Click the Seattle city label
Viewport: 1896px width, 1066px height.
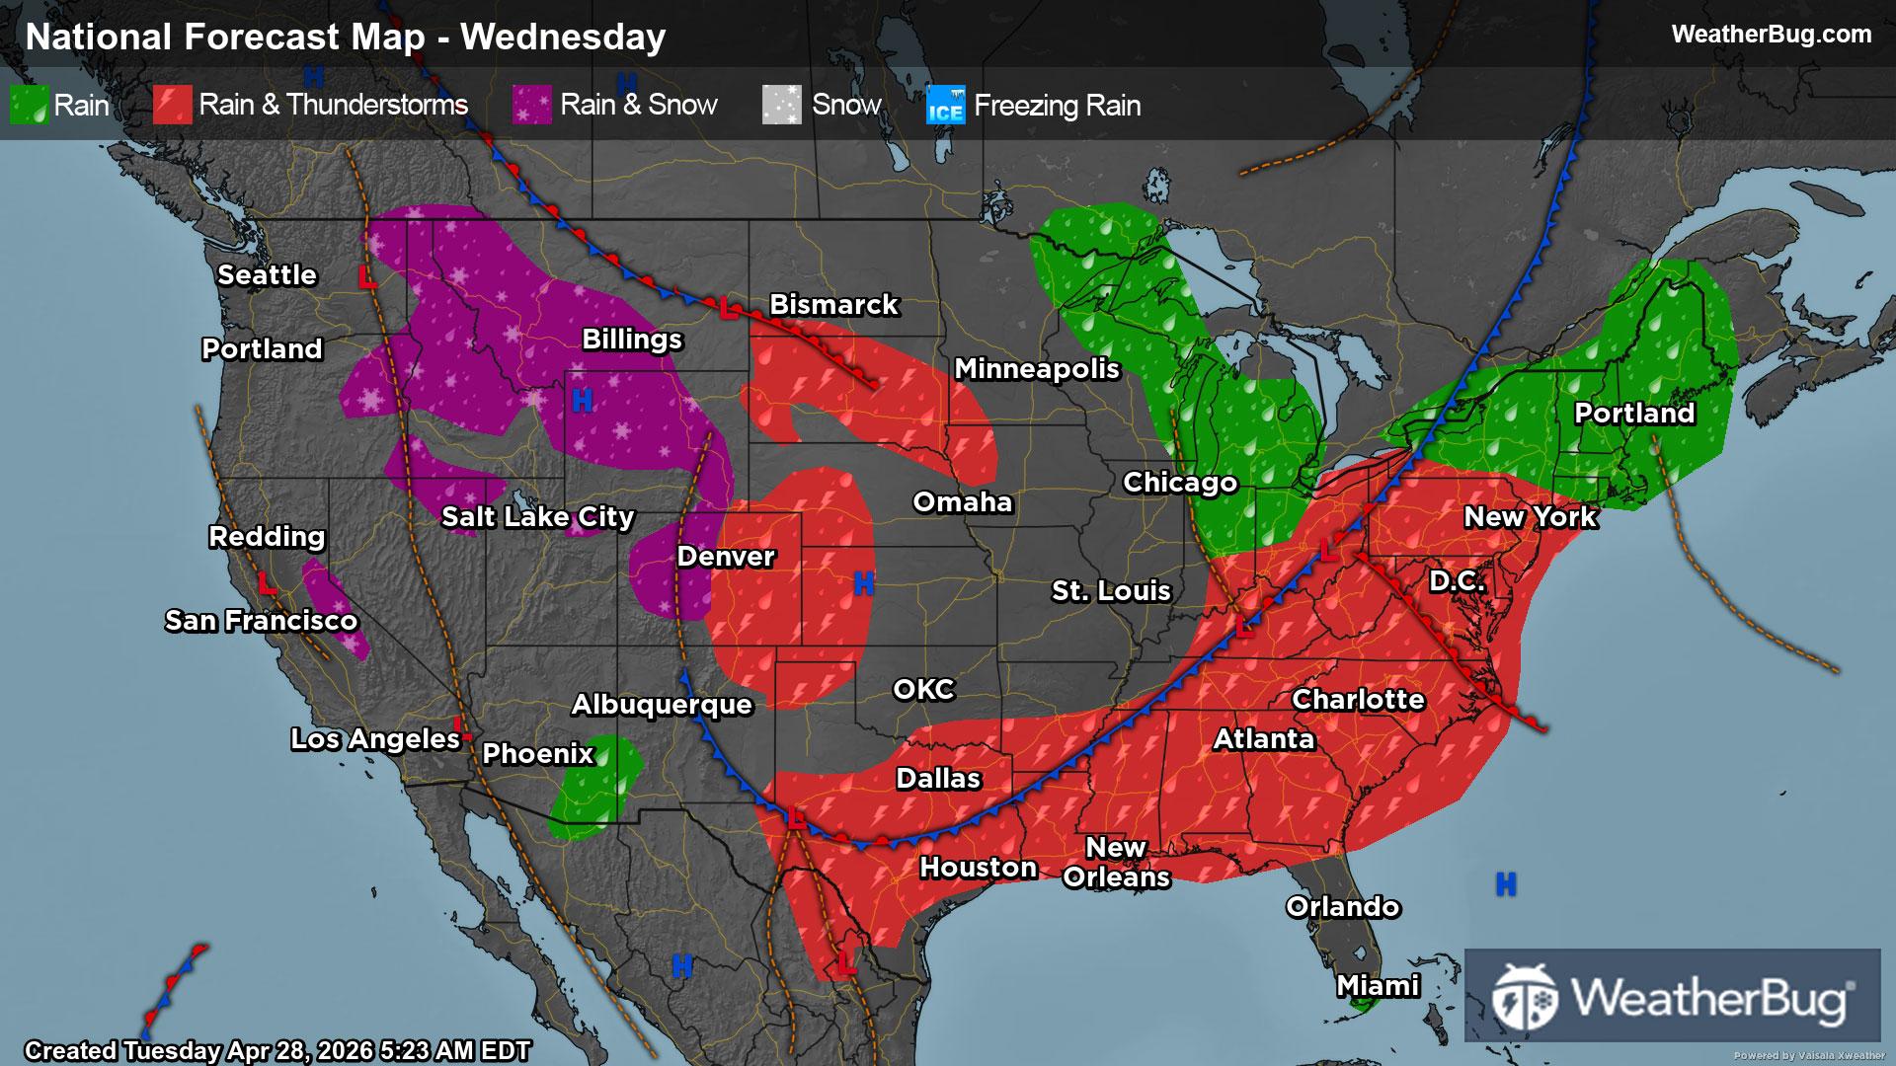[x=267, y=275]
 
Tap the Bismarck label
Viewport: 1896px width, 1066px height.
[x=833, y=305]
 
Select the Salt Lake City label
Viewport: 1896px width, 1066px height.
[x=537, y=517]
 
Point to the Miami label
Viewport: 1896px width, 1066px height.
[x=1378, y=986]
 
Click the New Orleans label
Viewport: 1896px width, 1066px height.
[x=1116, y=863]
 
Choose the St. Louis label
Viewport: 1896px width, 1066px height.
[x=1111, y=591]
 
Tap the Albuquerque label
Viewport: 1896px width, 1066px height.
[x=662, y=705]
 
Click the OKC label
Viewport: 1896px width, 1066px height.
[x=923, y=690]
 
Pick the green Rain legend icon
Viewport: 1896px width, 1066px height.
[x=29, y=105]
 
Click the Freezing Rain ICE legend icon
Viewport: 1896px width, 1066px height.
[x=945, y=106]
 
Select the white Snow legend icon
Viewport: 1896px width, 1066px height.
[x=781, y=105]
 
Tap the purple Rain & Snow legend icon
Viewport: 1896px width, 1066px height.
[x=531, y=105]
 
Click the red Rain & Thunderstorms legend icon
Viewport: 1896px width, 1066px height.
[x=172, y=105]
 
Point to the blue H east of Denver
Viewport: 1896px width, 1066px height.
[x=863, y=584]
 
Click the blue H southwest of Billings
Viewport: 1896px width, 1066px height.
[x=583, y=401]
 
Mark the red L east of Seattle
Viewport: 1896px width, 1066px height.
[x=366, y=277]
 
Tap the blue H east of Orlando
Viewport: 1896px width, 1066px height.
[x=1506, y=884]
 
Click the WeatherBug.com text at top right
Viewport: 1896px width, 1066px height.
[x=1771, y=35]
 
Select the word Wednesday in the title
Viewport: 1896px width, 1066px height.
[x=563, y=38]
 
